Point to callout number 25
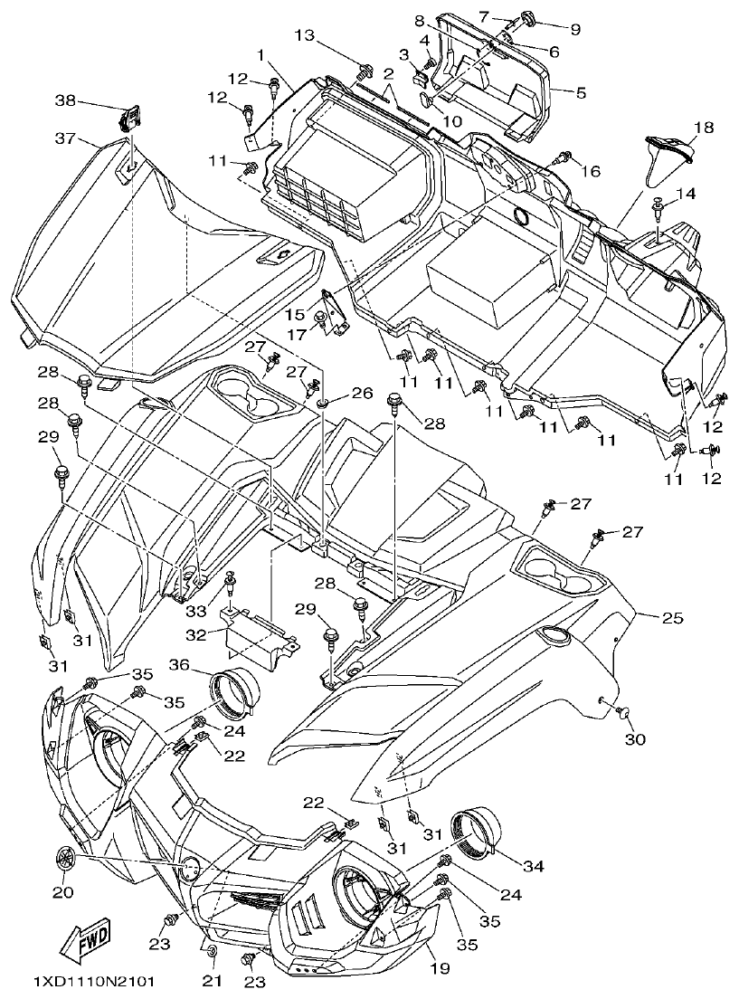[x=672, y=619]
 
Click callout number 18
[x=704, y=128]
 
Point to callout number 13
[x=307, y=35]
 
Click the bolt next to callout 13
[x=365, y=70]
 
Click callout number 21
[x=210, y=981]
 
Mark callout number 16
[x=590, y=171]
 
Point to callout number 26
[x=362, y=394]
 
